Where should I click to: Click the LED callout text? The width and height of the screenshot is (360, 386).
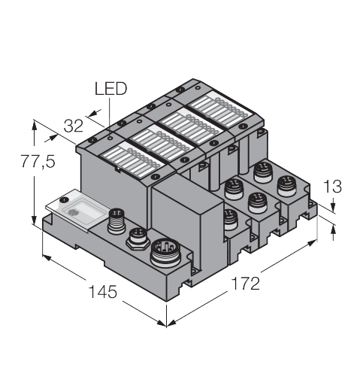[110, 89]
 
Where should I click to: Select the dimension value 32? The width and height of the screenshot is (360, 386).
[73, 126]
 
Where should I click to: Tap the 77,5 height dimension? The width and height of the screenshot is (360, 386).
[38, 161]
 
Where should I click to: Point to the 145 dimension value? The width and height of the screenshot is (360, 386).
[103, 291]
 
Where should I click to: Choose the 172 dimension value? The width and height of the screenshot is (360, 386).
[245, 283]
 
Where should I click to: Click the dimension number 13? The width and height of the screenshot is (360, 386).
[332, 187]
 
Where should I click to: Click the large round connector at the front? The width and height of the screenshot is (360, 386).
[167, 253]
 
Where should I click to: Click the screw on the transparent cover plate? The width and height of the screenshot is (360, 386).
[65, 199]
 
